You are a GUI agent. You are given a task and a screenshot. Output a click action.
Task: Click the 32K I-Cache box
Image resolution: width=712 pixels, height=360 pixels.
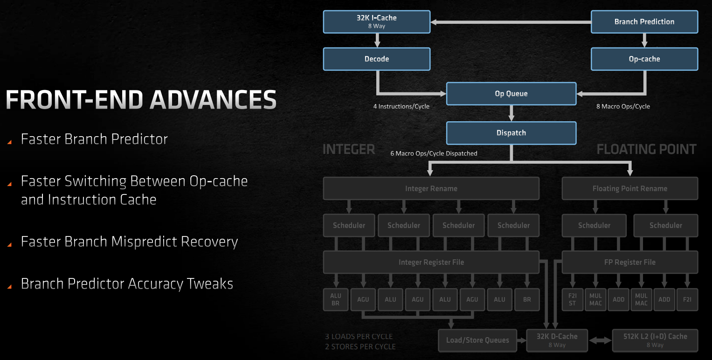[x=377, y=21]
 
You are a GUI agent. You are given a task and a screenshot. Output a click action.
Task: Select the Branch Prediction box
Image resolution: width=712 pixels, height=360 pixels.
[x=644, y=21]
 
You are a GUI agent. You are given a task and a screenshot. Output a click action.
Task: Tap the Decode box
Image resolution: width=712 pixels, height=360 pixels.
[x=377, y=59]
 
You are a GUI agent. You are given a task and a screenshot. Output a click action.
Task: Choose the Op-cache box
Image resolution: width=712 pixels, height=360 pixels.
[x=644, y=59]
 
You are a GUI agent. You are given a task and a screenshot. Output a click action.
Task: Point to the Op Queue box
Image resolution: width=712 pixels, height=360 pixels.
[x=511, y=94]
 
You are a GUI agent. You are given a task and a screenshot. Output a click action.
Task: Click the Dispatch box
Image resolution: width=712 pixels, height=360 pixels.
[x=511, y=133]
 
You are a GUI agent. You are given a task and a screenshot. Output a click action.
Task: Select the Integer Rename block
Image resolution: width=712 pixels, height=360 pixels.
[x=431, y=188]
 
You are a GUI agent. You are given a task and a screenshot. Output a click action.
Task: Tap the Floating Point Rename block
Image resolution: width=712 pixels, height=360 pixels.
[x=629, y=188]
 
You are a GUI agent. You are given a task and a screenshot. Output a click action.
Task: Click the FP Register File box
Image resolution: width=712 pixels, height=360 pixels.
[x=629, y=262]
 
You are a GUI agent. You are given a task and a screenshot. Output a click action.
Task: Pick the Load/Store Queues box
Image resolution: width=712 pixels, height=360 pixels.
[x=477, y=340]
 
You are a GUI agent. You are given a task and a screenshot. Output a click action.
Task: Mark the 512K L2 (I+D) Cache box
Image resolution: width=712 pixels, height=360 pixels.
[x=655, y=340]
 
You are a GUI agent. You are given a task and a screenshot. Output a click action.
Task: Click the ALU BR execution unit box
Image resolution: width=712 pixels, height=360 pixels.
[x=336, y=299]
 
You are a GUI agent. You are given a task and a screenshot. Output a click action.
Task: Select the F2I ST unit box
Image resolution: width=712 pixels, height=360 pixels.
[x=573, y=299]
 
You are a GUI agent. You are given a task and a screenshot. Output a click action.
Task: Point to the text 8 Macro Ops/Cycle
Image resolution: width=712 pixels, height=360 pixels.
[x=623, y=106]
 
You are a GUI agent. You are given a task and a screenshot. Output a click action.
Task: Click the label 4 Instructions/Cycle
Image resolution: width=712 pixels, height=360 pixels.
[x=401, y=106]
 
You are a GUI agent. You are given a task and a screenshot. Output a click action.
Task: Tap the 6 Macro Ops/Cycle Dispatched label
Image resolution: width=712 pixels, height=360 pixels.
[x=434, y=153]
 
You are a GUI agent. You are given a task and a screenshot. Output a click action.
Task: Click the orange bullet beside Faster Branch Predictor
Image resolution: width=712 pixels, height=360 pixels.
[x=9, y=142]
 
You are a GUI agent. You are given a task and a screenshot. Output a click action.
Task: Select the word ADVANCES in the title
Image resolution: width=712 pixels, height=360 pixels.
[x=213, y=100]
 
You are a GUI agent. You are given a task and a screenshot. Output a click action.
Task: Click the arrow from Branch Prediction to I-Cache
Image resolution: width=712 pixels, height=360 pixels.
[x=511, y=22]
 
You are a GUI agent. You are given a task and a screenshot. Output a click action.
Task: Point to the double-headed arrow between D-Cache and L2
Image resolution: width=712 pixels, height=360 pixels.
[x=600, y=340]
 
